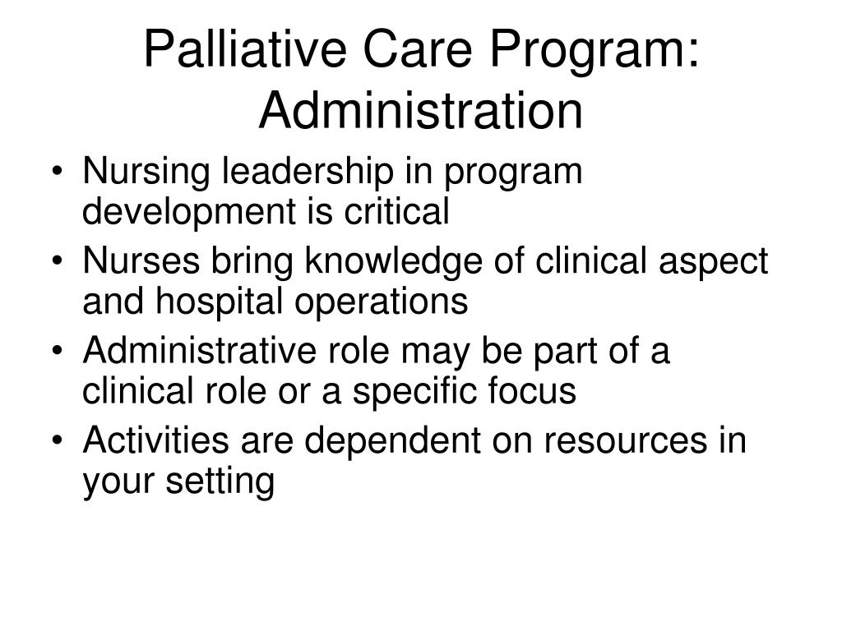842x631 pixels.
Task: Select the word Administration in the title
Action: tap(420, 113)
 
